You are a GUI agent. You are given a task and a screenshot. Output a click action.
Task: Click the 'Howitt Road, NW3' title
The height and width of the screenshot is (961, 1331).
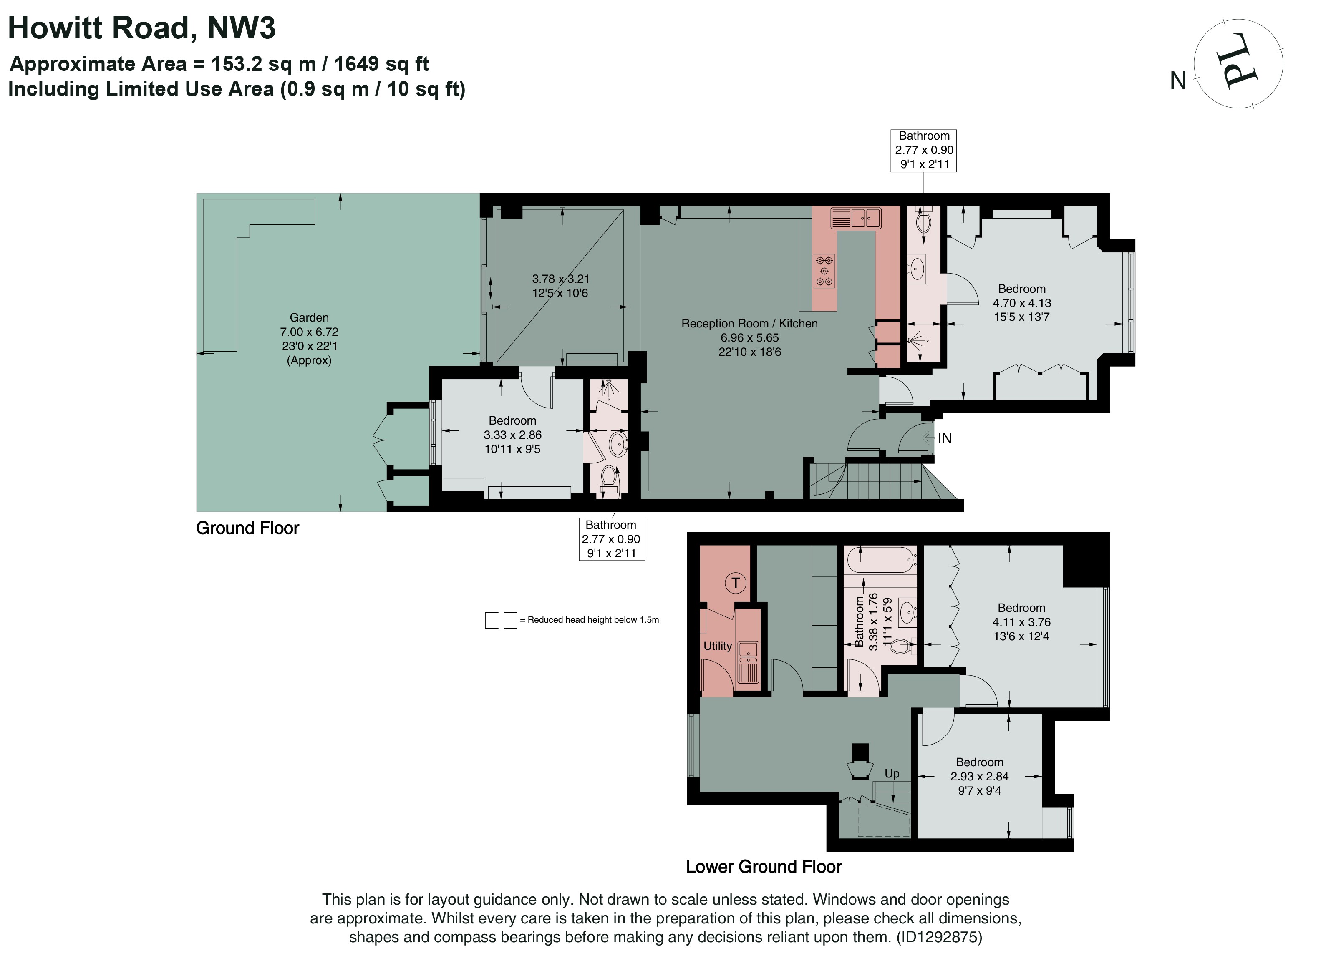pyautogui.click(x=141, y=28)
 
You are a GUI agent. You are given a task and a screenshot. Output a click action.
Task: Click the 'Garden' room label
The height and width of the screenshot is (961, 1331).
pyautogui.click(x=309, y=317)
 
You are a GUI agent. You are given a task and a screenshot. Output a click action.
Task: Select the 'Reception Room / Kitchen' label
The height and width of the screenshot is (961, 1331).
pyautogui.click(x=749, y=323)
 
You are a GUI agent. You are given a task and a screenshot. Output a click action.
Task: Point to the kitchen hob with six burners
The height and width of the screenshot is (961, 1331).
pyautogui.click(x=824, y=270)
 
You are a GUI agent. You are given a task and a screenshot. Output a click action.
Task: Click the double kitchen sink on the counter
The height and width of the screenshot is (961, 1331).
pyautogui.click(x=856, y=218)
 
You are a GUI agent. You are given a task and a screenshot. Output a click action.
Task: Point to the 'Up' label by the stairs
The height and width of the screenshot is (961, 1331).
pyautogui.click(x=892, y=773)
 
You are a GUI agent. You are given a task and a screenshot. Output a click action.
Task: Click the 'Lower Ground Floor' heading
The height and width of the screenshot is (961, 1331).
pyautogui.click(x=764, y=867)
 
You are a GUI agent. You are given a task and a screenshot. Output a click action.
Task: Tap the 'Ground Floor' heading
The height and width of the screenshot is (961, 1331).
pyautogui.click(x=248, y=528)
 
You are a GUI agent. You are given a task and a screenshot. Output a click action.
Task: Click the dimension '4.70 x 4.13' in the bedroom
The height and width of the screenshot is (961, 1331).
pyautogui.click(x=1022, y=303)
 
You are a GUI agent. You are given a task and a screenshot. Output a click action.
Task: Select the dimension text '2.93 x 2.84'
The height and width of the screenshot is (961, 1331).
pyautogui.click(x=979, y=776)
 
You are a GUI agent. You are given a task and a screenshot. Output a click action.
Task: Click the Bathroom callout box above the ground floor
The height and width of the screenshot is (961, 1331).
pyautogui.click(x=924, y=151)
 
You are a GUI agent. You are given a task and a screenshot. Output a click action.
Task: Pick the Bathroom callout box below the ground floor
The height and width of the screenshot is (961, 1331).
pyautogui.click(x=612, y=538)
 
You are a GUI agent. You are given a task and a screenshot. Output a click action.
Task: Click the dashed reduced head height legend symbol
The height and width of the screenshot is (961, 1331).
pyautogui.click(x=501, y=620)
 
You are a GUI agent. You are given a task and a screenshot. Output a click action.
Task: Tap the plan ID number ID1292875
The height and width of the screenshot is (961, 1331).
pyautogui.click(x=939, y=937)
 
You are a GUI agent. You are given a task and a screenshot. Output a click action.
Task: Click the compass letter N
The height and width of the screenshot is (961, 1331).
pyautogui.click(x=1178, y=81)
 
